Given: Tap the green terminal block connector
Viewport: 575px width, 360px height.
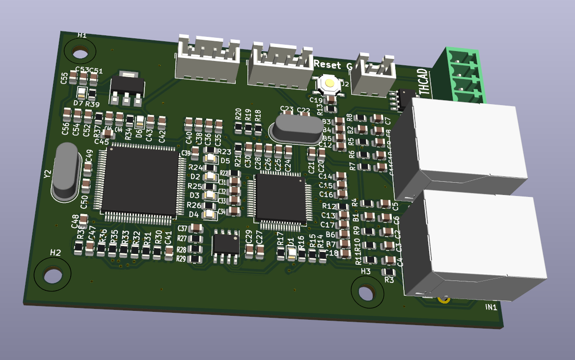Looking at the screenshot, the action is point(462,76).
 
